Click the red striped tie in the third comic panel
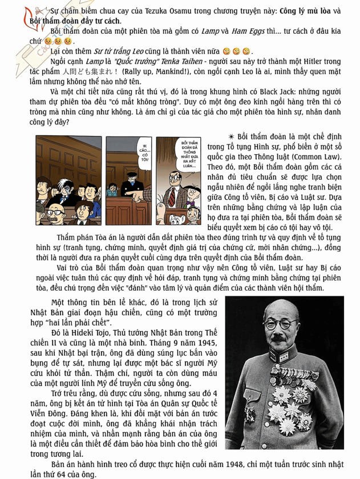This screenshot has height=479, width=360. point(171,196)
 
